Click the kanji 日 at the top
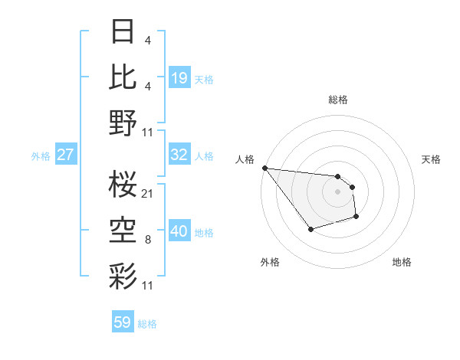pos(123,33)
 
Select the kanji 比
pos(123,77)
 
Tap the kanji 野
pos(123,123)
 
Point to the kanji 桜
pos(123,183)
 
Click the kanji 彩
pos(123,274)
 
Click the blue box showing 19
pos(179,78)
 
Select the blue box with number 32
pos(179,155)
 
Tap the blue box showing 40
pos(179,232)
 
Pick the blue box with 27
pos(65,155)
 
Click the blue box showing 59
pos(123,322)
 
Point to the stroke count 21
pos(147,193)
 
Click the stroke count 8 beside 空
pos(147,240)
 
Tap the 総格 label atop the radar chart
pos(337,100)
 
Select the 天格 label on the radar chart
pos(431,159)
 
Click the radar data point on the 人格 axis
pos(264,168)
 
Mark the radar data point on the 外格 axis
pos(310,229)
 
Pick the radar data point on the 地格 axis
pos(356,218)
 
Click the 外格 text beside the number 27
pos(41,156)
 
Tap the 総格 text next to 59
pos(147,324)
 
